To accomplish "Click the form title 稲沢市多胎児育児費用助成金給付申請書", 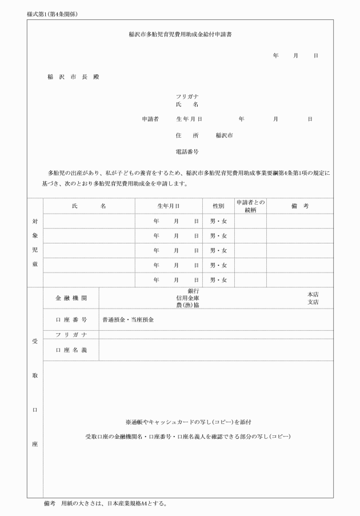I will click(180, 34).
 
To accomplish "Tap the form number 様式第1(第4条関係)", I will click(52, 13).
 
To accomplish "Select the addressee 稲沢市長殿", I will click(73, 77).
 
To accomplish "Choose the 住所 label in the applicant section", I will click(187, 136).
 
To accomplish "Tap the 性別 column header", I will click(218, 206).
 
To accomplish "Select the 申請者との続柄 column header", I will click(250, 206).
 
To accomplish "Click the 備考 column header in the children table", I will click(299, 206).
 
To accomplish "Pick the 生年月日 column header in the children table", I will click(169, 206).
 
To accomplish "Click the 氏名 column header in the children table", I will click(89, 206).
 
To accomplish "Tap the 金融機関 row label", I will click(71, 298).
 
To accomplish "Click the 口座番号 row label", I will click(71, 319).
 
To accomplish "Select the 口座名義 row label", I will click(71, 350).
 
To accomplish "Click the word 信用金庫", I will click(189, 298).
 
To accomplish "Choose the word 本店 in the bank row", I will click(313, 294).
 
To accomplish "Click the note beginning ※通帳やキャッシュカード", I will click(188, 422).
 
